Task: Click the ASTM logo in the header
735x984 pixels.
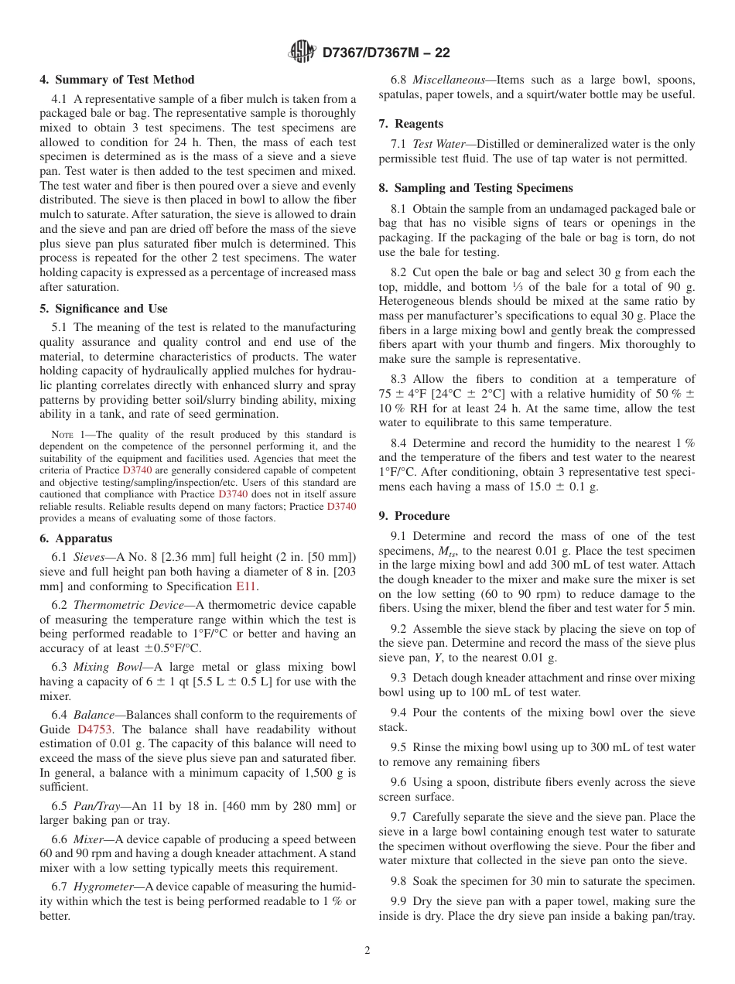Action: (x=303, y=52)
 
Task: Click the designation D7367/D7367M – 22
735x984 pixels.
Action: (x=385, y=53)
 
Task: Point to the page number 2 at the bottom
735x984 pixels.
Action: (x=367, y=951)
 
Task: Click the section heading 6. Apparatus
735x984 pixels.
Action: (x=76, y=538)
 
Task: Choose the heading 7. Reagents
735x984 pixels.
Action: (x=411, y=124)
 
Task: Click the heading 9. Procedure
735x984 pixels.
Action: (x=414, y=516)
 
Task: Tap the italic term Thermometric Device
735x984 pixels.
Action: (x=123, y=605)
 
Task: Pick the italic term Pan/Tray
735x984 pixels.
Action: (x=96, y=806)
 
